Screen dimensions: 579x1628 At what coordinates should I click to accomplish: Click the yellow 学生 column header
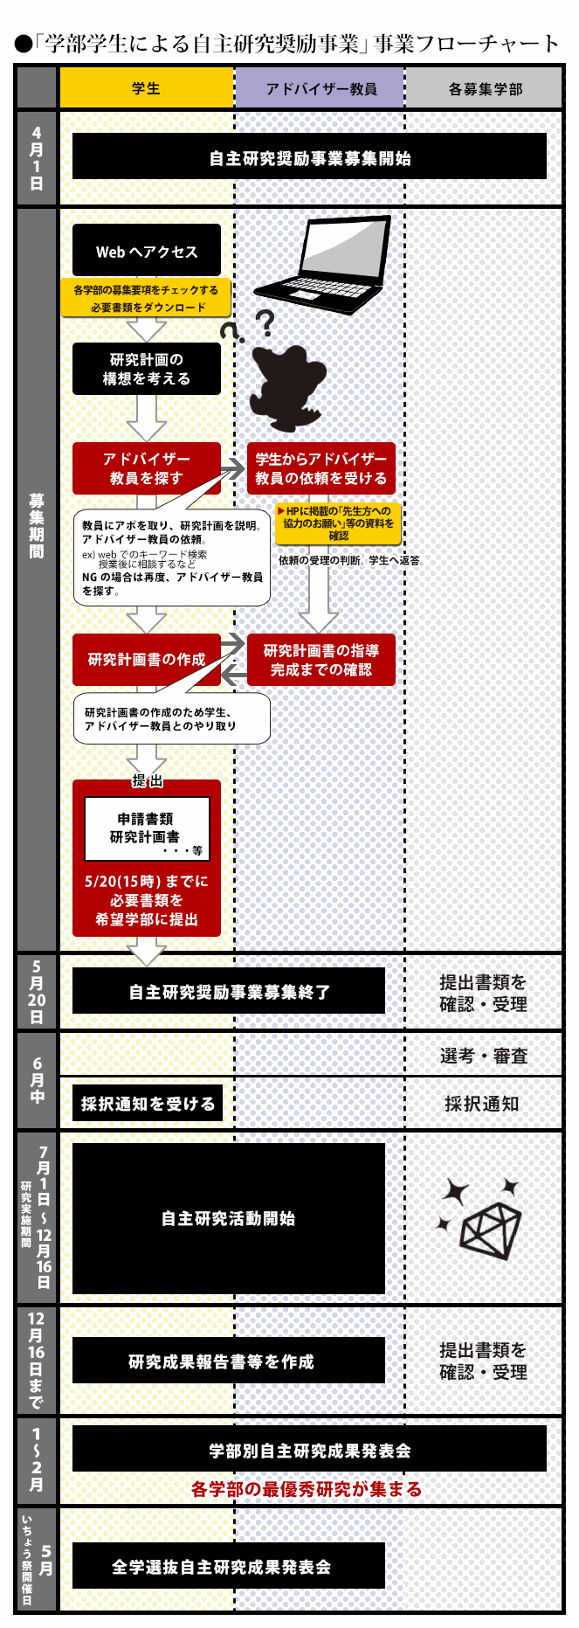pyautogui.click(x=146, y=87)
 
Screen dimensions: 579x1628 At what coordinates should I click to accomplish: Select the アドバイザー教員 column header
pyautogui.click(x=320, y=87)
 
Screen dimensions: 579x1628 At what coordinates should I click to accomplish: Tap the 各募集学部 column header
pyautogui.click(x=484, y=87)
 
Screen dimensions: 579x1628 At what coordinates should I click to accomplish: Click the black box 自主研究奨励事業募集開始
pyautogui.click(x=309, y=156)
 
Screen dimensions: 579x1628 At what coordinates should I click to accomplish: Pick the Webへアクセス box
pyautogui.click(x=147, y=250)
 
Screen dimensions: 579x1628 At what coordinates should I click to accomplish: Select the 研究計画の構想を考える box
pyautogui.click(x=147, y=368)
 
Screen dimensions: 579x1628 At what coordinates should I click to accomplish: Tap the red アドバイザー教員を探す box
pyautogui.click(x=147, y=468)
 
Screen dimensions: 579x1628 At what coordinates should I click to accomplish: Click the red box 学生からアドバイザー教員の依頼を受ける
pyautogui.click(x=321, y=468)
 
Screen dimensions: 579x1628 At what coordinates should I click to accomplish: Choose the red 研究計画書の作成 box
pyautogui.click(x=147, y=660)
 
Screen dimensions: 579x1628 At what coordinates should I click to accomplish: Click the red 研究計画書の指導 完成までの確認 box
pyautogui.click(x=321, y=660)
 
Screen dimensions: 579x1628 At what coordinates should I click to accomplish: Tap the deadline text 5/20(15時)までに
pyautogui.click(x=147, y=881)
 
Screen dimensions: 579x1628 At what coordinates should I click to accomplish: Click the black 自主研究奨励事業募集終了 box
pyautogui.click(x=229, y=991)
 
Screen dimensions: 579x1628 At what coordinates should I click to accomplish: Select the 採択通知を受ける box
pyautogui.click(x=148, y=1103)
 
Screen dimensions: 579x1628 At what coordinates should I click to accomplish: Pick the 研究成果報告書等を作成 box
pyautogui.click(x=229, y=1361)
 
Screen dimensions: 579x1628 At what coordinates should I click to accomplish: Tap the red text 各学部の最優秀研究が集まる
pyautogui.click(x=307, y=1489)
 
